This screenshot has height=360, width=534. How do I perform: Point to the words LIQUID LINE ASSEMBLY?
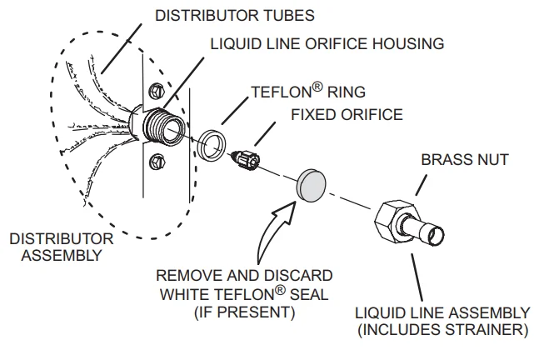click(442, 312)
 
